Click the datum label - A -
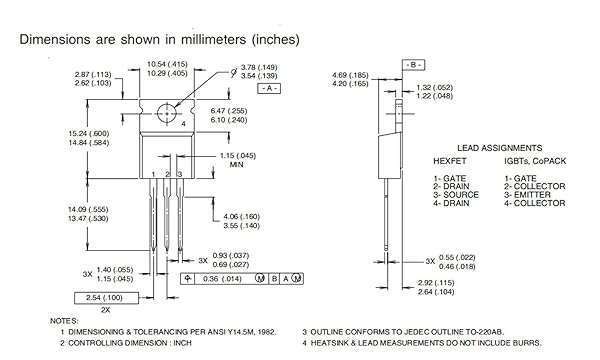coord(267,89)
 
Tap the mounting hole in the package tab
coord(164,111)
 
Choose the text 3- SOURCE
coord(457,195)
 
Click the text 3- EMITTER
coord(537,195)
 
